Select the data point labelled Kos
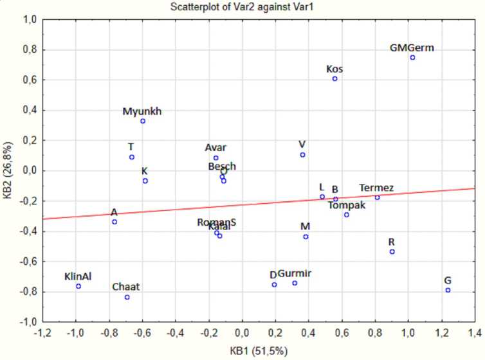point(334,78)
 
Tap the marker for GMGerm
point(412,57)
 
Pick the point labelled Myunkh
point(143,121)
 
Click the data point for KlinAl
point(78,286)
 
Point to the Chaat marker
point(127,297)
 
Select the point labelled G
point(448,290)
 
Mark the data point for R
point(392,251)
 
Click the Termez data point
point(377,197)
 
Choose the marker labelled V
point(302,154)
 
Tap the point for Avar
point(216,157)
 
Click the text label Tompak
point(346,206)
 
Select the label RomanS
point(217,222)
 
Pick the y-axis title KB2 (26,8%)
point(8,170)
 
